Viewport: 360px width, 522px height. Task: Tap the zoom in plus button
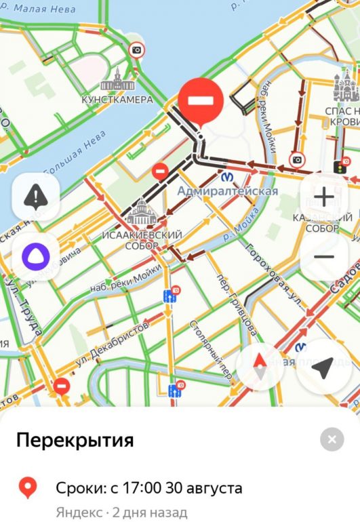pos(324,197)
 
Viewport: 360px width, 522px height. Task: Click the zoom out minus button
pos(324,257)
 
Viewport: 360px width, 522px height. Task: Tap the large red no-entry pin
pos(201,102)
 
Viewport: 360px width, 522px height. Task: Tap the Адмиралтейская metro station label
pos(228,191)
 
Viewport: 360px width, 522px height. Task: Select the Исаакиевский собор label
pos(142,239)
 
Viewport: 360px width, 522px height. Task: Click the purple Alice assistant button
pos(36,257)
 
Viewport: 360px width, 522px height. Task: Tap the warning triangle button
pos(36,197)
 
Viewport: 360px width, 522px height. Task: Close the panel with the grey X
pos(332,440)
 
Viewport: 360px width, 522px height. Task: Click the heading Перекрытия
pos(75,441)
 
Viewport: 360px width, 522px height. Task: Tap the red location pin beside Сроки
pos(27,487)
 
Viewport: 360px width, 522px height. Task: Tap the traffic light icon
pos(337,166)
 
